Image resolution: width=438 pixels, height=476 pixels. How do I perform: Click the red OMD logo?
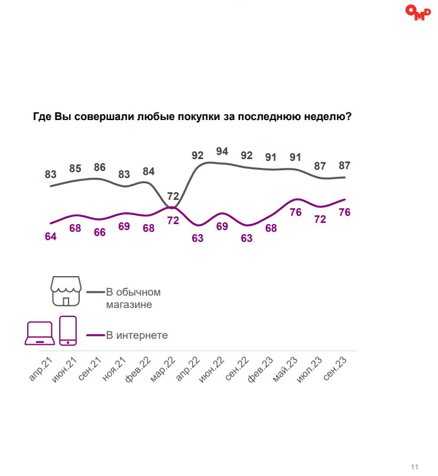coord(418,12)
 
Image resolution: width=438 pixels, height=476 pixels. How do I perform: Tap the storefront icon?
coord(66,290)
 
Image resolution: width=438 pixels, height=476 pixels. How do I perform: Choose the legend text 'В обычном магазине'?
coord(133,299)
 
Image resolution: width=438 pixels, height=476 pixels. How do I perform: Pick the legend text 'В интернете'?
coord(137,335)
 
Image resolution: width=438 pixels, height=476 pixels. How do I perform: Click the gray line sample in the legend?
coord(95,292)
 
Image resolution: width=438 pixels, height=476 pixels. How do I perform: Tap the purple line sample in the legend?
coord(95,335)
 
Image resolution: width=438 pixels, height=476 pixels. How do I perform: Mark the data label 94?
coord(222,151)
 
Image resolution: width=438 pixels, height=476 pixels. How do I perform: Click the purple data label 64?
coord(50,237)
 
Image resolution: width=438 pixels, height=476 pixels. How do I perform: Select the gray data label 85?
coord(75,169)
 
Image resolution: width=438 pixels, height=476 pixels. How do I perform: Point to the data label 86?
coord(99,167)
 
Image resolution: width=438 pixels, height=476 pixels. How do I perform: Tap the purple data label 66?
coord(99,232)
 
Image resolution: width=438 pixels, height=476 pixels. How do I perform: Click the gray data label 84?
coord(149,172)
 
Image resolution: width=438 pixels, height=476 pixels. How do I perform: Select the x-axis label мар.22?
coord(163,370)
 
